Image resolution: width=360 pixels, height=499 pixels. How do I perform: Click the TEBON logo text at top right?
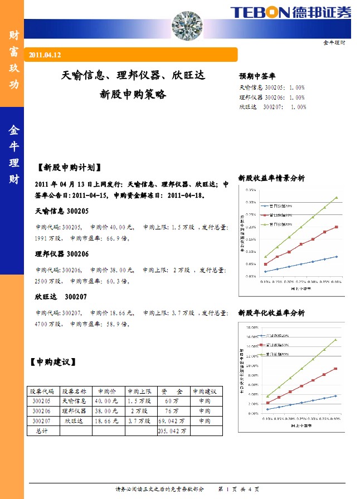pos(260,12)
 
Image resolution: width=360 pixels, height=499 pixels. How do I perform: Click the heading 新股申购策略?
pos(133,95)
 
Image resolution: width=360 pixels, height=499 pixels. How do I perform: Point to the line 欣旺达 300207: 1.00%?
pos(273,107)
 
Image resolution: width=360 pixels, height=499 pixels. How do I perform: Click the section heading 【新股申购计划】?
pos(69,167)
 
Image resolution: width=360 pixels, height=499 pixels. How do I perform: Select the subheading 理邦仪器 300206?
pos(62,253)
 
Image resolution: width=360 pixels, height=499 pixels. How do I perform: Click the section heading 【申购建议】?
pos(52,362)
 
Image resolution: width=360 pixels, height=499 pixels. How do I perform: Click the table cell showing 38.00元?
pos(106,411)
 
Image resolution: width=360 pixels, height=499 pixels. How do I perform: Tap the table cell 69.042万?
pos(172,421)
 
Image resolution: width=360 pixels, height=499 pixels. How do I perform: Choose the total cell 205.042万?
pos(173,431)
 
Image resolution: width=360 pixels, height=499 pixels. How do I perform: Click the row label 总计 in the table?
pos(42,431)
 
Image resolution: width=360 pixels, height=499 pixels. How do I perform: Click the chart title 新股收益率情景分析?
pos(271,178)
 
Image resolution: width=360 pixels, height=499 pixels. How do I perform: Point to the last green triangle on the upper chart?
pos(336,197)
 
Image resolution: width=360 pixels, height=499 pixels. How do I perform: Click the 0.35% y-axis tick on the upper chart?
pos(250,190)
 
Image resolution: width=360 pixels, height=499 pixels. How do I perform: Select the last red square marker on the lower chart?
pos(335,369)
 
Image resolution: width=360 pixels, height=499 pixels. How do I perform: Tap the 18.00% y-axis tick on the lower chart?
pos(252,327)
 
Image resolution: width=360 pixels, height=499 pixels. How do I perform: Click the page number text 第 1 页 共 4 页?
pos(241,489)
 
